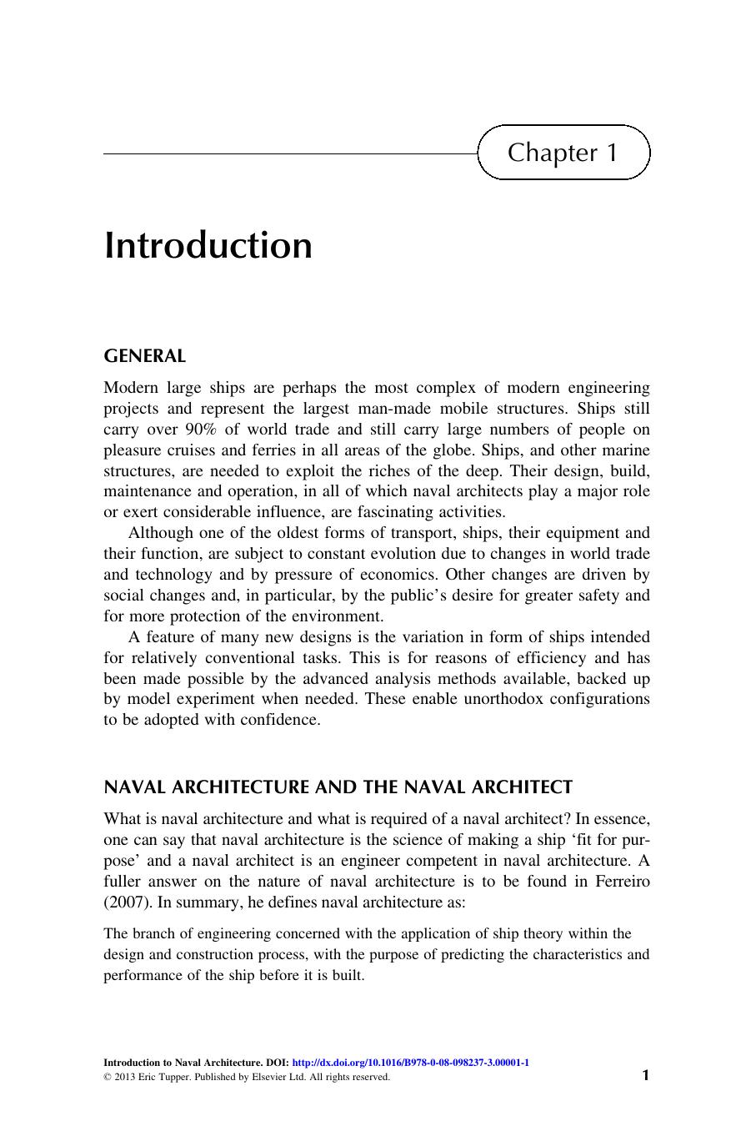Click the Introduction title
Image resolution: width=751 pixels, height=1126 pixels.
tap(208, 245)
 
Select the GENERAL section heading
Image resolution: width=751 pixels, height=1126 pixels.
tap(144, 356)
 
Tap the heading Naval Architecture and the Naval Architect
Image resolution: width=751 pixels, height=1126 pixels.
tap(338, 787)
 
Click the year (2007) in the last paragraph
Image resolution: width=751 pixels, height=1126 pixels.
tap(127, 902)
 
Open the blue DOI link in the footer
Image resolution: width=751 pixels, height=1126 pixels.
tap(411, 1063)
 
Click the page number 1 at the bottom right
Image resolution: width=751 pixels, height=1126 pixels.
tap(644, 1075)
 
